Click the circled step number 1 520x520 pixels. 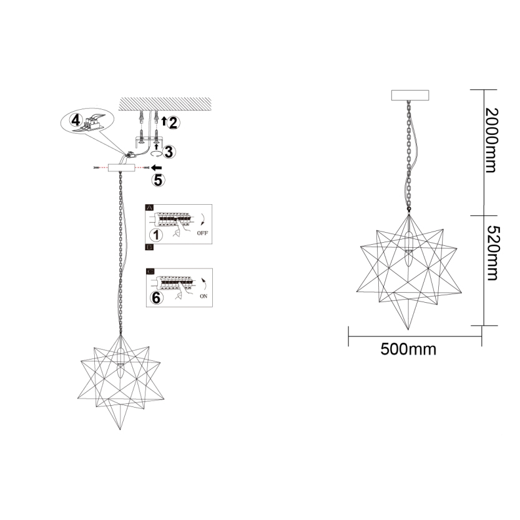click(156, 235)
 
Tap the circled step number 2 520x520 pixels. click(173, 123)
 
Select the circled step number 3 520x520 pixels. click(169, 152)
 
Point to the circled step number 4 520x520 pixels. click(76, 120)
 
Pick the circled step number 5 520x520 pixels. click(158, 180)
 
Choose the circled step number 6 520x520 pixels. click(156, 298)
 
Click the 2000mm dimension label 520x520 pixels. click(491, 140)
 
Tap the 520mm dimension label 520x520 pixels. click(493, 253)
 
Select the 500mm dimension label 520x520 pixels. click(408, 349)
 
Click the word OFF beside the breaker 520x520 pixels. click(202, 233)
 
